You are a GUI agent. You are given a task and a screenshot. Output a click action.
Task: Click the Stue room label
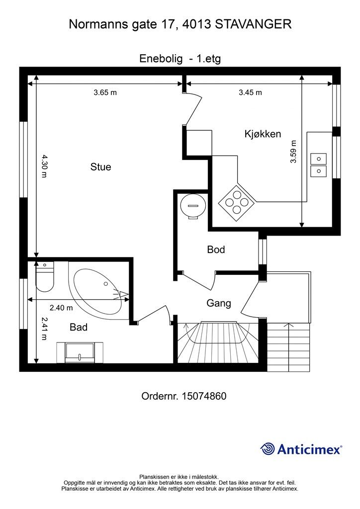pyautogui.click(x=100, y=167)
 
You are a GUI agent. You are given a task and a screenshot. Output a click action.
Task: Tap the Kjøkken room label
pyautogui.click(x=263, y=134)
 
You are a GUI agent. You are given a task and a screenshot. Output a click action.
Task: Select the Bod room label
pyautogui.click(x=216, y=250)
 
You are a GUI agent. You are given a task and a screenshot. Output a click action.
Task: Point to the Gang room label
pyautogui.click(x=219, y=303)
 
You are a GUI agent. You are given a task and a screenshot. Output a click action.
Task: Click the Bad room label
pyautogui.click(x=79, y=327)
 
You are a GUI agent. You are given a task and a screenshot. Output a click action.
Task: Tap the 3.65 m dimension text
pyautogui.click(x=105, y=92)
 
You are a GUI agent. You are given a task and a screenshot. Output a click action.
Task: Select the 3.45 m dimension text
pyautogui.click(x=250, y=92)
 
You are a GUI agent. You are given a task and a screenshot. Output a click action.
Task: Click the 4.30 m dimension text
pyautogui.click(x=44, y=166)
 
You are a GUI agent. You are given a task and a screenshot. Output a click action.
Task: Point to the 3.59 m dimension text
pyautogui.click(x=293, y=152)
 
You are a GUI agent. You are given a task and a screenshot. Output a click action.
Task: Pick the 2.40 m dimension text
pyautogui.click(x=61, y=307)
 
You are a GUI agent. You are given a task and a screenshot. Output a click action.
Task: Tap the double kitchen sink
pyautogui.click(x=318, y=165)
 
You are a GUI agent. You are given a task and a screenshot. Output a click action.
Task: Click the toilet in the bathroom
pyautogui.click(x=44, y=277)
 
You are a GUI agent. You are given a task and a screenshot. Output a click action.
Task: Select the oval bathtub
pyautogui.click(x=100, y=291)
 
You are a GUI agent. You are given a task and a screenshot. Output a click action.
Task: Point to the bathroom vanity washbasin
pyautogui.click(x=80, y=352)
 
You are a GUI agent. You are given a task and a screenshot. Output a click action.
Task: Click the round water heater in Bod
pyautogui.click(x=193, y=206)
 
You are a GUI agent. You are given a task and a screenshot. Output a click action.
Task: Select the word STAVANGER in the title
pyautogui.click(x=253, y=24)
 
